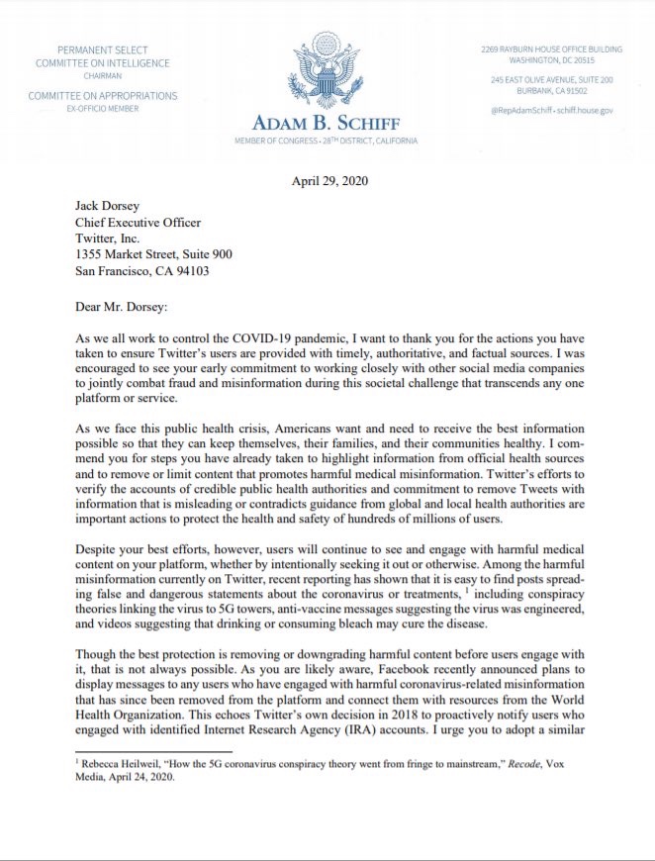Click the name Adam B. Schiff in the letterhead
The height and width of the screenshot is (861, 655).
[326, 124]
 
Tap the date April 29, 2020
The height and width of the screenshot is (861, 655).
[327, 180]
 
